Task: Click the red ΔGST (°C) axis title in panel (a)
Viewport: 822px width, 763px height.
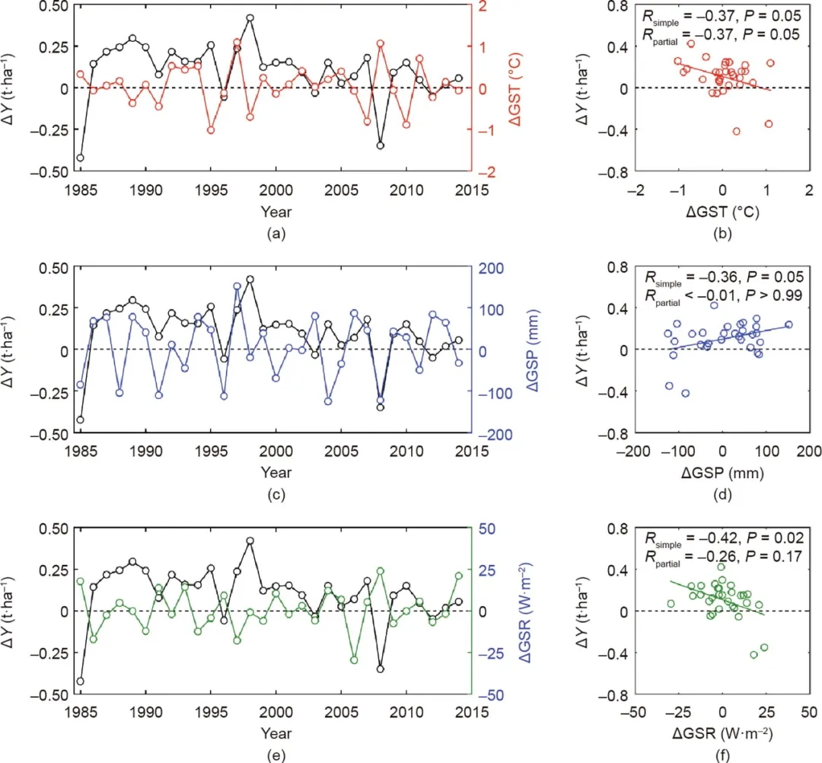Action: point(505,88)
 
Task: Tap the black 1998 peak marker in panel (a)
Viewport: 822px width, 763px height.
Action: point(250,18)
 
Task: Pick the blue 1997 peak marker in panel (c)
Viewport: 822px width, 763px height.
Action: point(237,286)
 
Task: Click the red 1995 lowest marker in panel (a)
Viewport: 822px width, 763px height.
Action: point(211,130)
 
